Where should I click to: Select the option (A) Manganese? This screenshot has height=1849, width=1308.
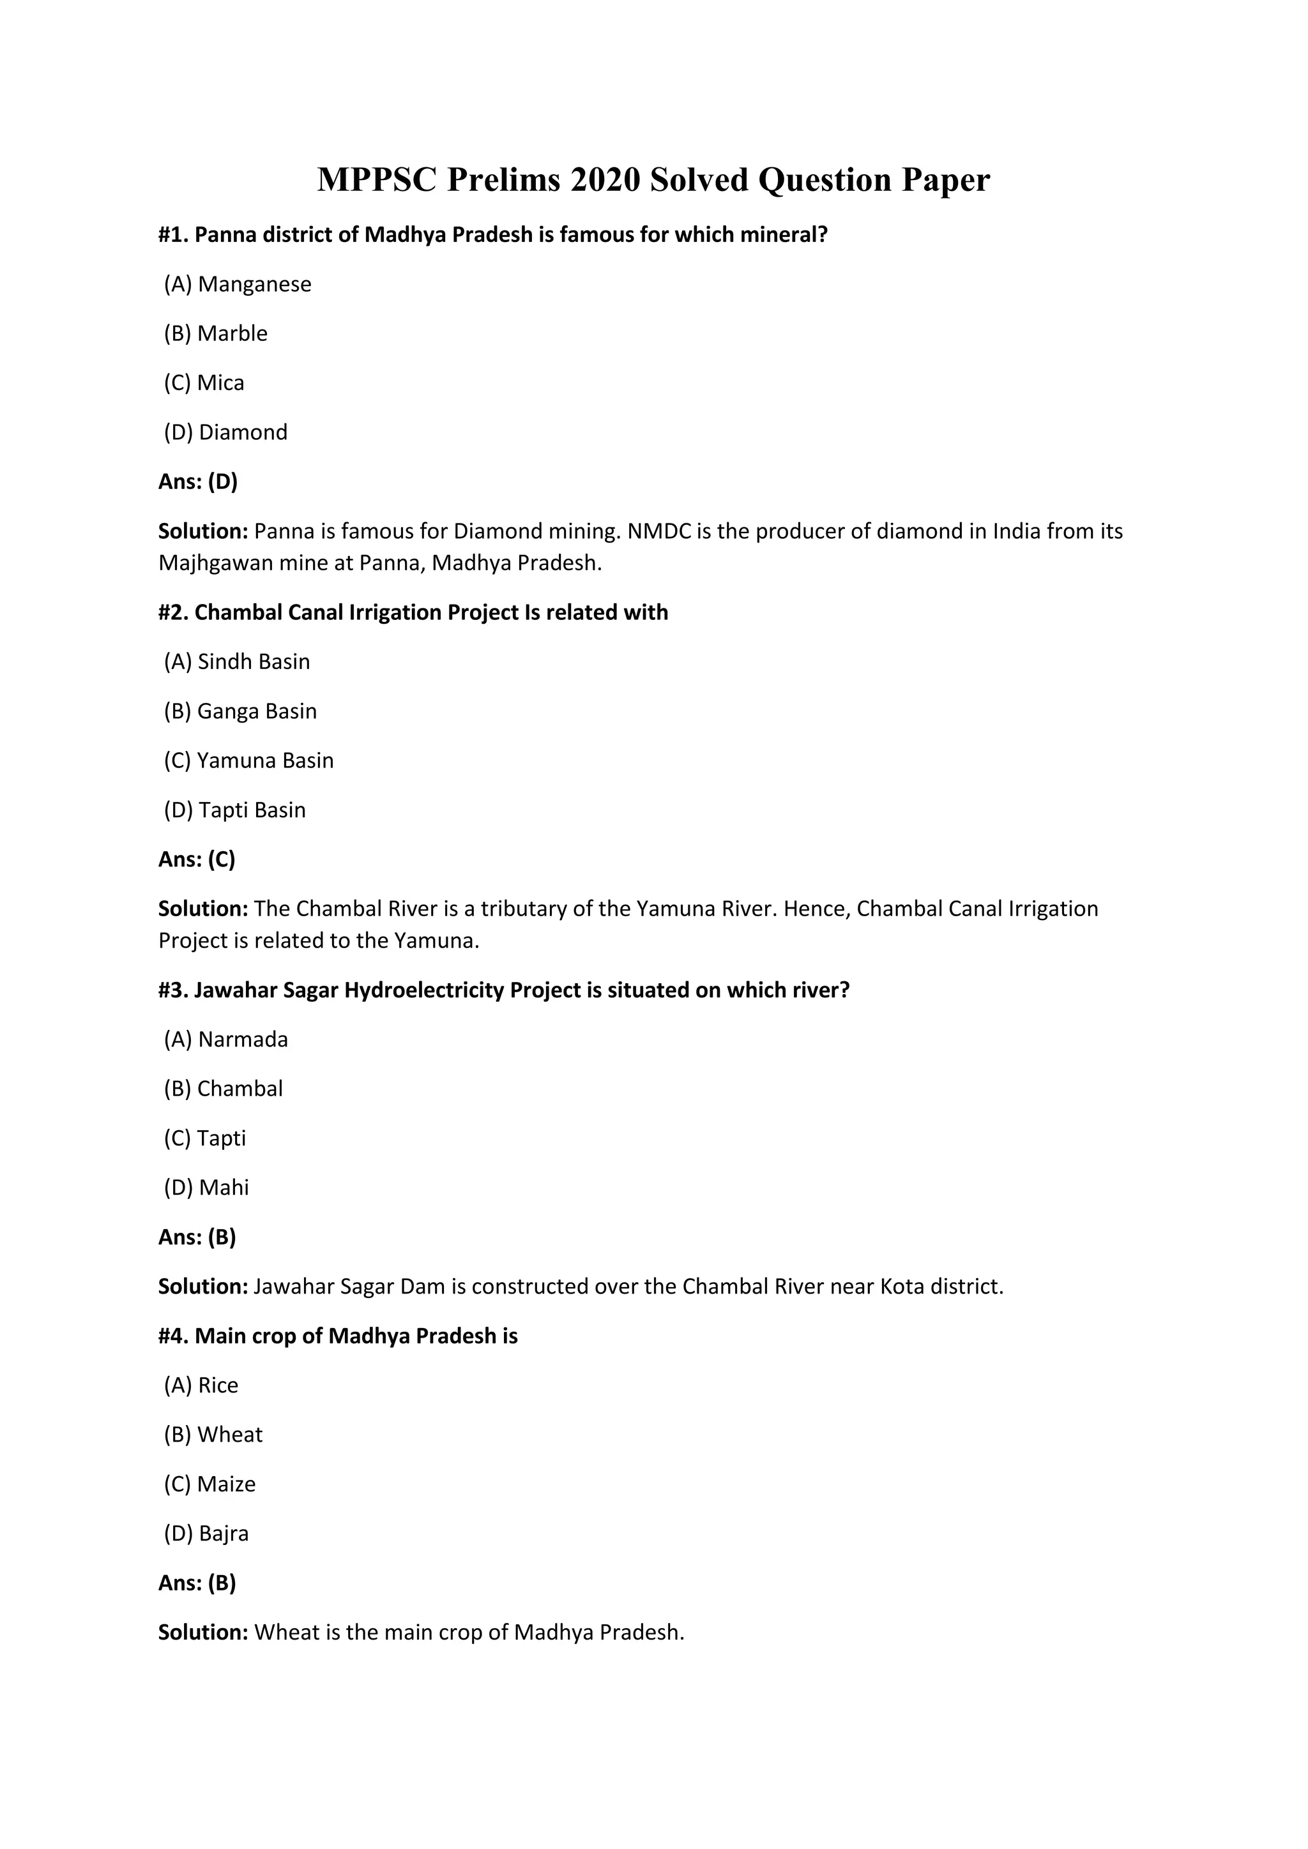point(238,284)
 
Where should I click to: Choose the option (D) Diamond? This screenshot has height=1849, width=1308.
point(225,432)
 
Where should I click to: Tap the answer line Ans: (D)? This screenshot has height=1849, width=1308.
point(198,481)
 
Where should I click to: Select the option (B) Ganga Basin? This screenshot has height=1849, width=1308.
point(240,711)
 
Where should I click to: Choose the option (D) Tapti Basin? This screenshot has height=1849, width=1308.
point(234,810)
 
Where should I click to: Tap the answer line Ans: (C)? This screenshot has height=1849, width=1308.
point(197,859)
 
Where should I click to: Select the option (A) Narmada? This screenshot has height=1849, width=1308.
point(225,1039)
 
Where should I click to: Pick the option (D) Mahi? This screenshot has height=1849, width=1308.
point(206,1188)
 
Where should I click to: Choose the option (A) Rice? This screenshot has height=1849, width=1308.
point(201,1385)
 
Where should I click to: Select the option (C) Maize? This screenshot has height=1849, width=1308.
point(209,1484)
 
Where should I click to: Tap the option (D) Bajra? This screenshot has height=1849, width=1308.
point(206,1534)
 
